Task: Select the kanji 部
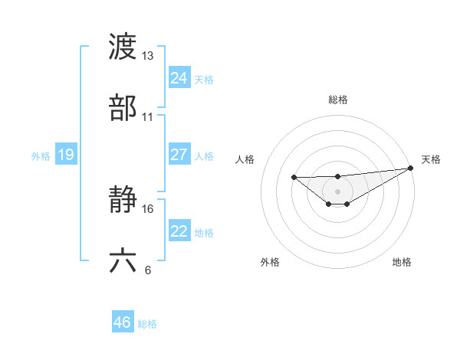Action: [123, 108]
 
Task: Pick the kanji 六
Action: [123, 260]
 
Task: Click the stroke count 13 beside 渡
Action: [148, 56]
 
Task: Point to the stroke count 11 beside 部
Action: [148, 117]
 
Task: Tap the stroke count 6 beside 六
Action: [148, 270]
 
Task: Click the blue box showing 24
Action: [179, 77]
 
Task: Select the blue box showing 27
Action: [179, 155]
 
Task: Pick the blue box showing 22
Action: [179, 231]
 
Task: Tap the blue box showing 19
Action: [65, 155]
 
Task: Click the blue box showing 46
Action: [122, 322]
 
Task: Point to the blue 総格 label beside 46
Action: [147, 324]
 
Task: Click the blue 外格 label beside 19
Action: [41, 156]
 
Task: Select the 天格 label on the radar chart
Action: [431, 159]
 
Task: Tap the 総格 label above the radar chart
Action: [337, 100]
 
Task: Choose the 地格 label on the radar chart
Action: [402, 262]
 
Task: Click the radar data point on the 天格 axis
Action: [412, 169]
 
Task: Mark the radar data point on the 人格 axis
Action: [294, 178]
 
